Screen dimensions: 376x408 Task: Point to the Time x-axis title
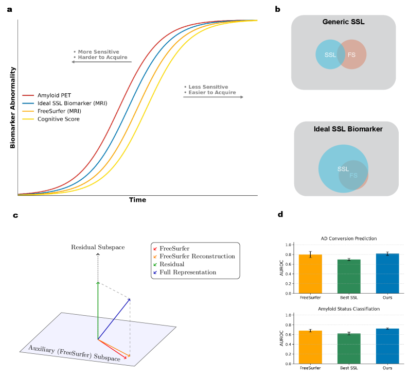[x=137, y=200]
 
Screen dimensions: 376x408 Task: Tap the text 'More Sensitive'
[x=98, y=52]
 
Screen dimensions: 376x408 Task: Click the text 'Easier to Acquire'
[x=211, y=93]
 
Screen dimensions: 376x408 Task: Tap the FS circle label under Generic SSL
[x=351, y=55]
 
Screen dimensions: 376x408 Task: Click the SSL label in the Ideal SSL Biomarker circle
[x=343, y=169]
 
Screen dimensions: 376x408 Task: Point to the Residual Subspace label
[x=98, y=247]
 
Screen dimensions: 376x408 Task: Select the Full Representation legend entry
[x=188, y=271]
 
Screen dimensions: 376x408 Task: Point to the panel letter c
[x=15, y=215]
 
